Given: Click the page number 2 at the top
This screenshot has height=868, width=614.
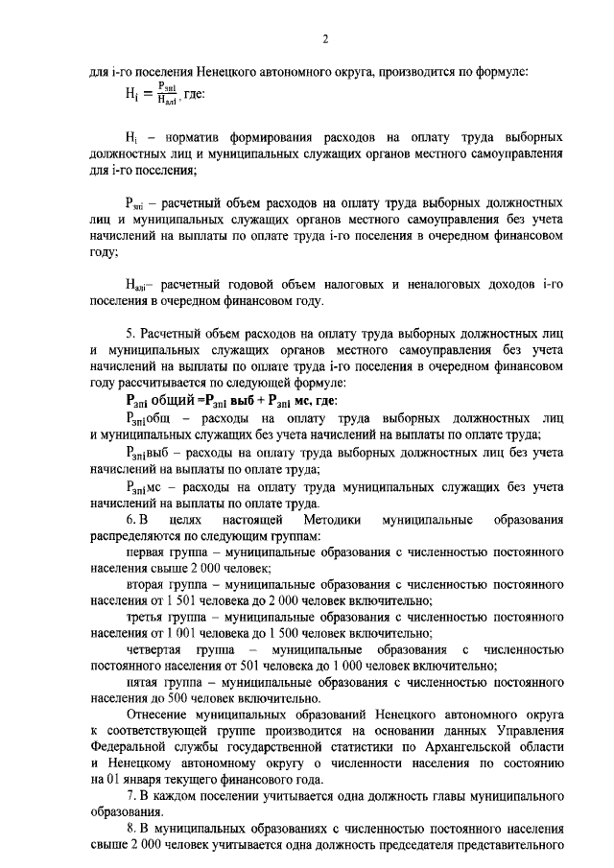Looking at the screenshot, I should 325,38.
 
